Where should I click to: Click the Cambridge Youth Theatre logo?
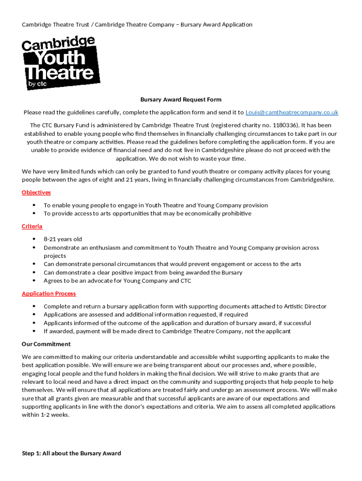coord(60,63)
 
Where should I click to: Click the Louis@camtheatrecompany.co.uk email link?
coord(291,113)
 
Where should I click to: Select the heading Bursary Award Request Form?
coord(181,100)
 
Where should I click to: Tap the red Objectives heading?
coord(36,193)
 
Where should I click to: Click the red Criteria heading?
coord(32,226)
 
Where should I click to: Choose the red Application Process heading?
coord(49,294)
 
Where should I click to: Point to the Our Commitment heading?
coord(46,344)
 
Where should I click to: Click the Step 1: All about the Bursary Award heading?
coord(71,453)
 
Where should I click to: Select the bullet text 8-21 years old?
coord(63,239)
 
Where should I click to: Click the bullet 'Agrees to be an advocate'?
coord(117,281)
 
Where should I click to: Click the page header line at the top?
coord(137,24)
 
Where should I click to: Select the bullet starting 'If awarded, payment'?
coord(167,331)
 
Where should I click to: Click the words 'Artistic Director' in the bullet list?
coord(305,306)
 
